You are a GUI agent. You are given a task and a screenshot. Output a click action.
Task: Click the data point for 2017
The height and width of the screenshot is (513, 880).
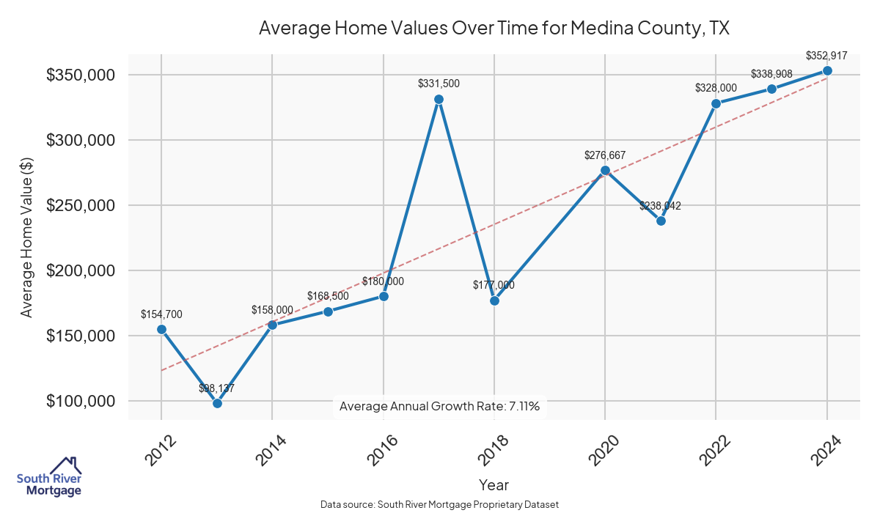point(439,99)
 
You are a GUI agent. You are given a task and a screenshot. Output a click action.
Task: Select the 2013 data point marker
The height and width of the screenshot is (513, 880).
point(217,403)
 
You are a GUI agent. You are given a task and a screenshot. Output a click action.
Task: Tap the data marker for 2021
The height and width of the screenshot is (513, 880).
point(661,221)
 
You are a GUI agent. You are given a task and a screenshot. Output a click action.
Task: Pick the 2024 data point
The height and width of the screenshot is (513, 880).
point(827,70)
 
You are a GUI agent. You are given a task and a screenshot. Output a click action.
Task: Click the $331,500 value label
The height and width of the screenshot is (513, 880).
point(439,84)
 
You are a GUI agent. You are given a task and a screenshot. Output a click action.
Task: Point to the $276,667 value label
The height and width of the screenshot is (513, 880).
point(605,155)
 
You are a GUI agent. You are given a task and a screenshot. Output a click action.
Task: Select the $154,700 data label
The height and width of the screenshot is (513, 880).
point(161,314)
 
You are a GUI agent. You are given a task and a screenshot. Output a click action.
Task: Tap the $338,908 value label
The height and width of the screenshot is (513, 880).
point(771,75)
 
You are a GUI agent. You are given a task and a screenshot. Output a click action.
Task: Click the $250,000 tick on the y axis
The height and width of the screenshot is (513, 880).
point(80,205)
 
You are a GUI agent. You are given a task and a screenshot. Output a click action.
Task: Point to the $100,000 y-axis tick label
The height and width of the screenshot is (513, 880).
point(80,401)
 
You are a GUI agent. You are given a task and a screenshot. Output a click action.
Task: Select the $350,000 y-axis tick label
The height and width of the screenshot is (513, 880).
point(80,75)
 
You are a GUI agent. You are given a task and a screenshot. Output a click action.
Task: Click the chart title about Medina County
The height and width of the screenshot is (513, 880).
point(494,29)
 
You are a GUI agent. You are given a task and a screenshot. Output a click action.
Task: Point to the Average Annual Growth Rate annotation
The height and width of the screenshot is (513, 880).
point(440,407)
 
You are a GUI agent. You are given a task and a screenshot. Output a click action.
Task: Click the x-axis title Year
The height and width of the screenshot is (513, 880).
point(494,484)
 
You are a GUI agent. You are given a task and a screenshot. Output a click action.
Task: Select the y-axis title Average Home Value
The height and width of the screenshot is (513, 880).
point(27,237)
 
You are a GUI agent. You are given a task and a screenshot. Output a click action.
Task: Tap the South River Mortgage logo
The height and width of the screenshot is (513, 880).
point(49,477)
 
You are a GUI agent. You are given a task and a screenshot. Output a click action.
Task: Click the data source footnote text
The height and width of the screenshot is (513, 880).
point(440,505)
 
